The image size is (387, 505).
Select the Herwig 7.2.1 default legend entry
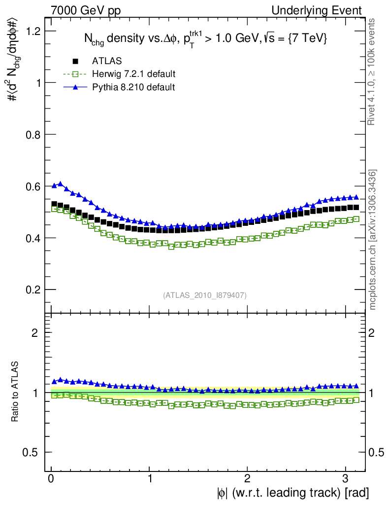pos(133,74)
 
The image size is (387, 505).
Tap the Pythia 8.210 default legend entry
pos(133,87)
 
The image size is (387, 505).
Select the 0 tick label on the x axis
pos(51,478)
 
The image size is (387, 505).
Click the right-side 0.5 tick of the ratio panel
pos(377,453)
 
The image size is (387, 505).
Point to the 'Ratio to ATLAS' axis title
pos(15,392)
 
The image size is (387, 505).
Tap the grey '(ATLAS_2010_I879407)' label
pos(205,295)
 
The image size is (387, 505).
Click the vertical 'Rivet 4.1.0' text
pos(372,72)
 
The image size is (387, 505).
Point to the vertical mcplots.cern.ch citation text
pos(373,240)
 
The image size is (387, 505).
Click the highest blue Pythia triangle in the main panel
pos(61,184)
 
